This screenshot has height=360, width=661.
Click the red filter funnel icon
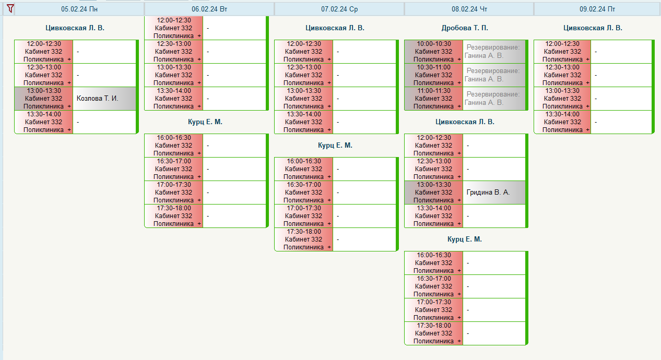10,8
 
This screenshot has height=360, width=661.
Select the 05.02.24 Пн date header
79,9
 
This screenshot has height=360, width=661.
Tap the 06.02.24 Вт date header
209,9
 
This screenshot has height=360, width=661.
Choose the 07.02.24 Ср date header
339,9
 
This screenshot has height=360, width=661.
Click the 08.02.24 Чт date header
469,9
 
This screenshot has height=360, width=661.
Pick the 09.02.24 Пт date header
597,9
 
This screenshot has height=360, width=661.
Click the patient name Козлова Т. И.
98,99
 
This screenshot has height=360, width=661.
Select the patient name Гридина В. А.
488,192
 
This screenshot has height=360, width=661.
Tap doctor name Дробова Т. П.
465,28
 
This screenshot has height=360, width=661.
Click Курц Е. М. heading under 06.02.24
205,122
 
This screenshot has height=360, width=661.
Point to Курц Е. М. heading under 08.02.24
465,239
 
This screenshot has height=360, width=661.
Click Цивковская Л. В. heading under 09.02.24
593,28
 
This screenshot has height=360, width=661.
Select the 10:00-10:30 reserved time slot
433,52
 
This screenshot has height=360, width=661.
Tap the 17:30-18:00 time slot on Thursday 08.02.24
433,333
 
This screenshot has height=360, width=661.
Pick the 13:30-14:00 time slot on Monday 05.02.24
44,122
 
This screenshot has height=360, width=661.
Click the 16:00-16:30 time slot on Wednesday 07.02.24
304,169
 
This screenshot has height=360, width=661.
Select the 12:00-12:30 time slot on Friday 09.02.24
562,52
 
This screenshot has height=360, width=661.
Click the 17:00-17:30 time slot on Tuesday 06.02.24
174,192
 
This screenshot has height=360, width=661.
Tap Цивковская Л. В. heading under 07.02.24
335,28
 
